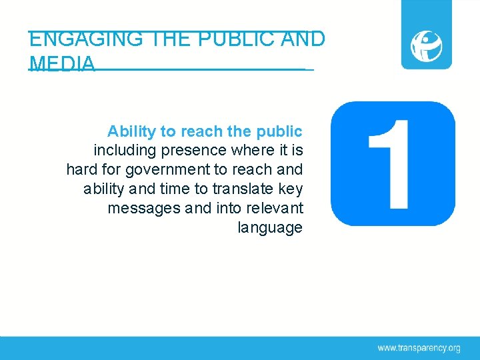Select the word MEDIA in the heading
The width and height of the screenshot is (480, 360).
62,64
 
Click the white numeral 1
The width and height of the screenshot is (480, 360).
390,163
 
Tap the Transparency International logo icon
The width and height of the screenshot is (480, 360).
426,45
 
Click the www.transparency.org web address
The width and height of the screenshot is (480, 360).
419,347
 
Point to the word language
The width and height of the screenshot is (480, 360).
270,228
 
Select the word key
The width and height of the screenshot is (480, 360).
291,189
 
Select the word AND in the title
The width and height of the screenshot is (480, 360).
303,39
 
